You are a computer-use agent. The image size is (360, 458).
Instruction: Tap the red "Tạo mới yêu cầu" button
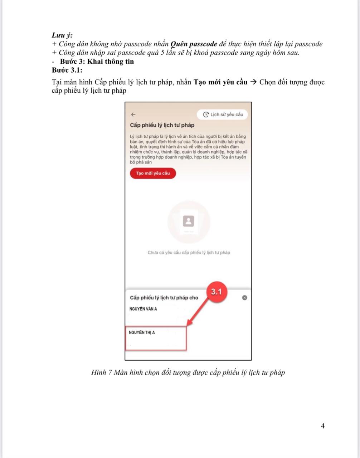tap(153, 173)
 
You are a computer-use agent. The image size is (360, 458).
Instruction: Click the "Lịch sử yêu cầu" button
tap(223, 114)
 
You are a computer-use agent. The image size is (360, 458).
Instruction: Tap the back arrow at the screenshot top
tap(133, 114)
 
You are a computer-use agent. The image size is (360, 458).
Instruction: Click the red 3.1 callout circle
tap(216, 292)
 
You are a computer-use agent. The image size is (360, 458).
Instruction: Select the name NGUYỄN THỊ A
tap(142, 333)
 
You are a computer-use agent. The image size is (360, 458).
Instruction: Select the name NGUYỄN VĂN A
tap(143, 309)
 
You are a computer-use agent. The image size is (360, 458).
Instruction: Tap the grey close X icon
tap(244, 298)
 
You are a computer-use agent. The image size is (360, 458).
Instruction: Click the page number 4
tap(323, 426)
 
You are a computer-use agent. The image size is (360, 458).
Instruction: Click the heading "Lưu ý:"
tap(62, 35)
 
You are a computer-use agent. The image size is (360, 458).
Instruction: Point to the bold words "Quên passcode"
tap(194, 44)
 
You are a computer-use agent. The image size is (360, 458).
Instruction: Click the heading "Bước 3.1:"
tap(67, 70)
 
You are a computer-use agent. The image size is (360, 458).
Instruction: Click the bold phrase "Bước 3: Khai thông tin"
tap(97, 61)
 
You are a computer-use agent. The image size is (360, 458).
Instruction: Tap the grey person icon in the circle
tap(189, 221)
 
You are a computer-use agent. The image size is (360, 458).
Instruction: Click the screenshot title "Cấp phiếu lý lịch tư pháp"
tap(162, 125)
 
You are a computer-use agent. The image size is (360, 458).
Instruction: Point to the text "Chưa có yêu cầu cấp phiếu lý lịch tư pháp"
tap(189, 253)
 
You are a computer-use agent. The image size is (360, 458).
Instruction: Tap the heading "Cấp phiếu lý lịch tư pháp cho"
tap(164, 298)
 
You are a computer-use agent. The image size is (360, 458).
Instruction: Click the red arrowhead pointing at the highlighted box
tap(190, 323)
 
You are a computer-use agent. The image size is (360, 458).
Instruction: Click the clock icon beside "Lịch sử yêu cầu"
tap(206, 114)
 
